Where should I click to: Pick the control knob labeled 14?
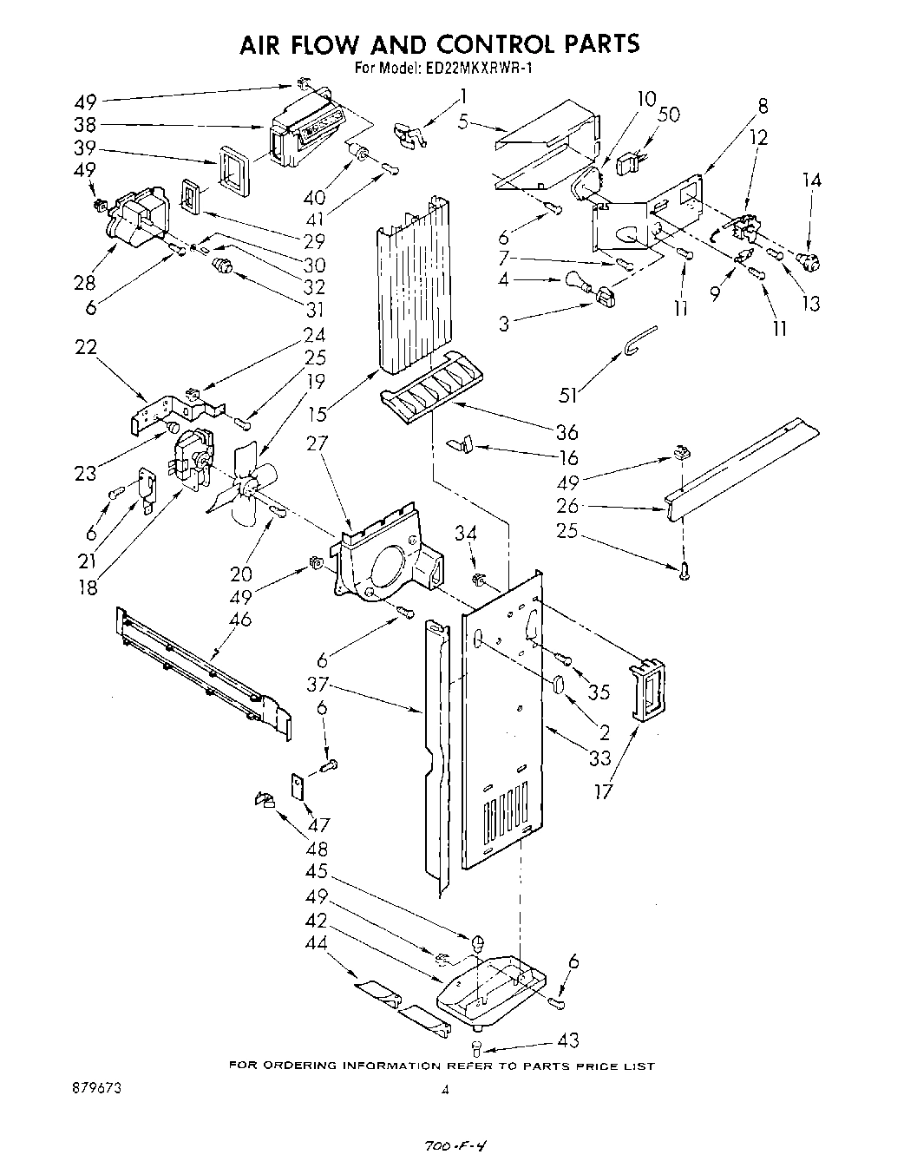pos(811,259)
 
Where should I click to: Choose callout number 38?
pos(87,124)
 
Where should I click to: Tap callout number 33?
pos(600,758)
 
